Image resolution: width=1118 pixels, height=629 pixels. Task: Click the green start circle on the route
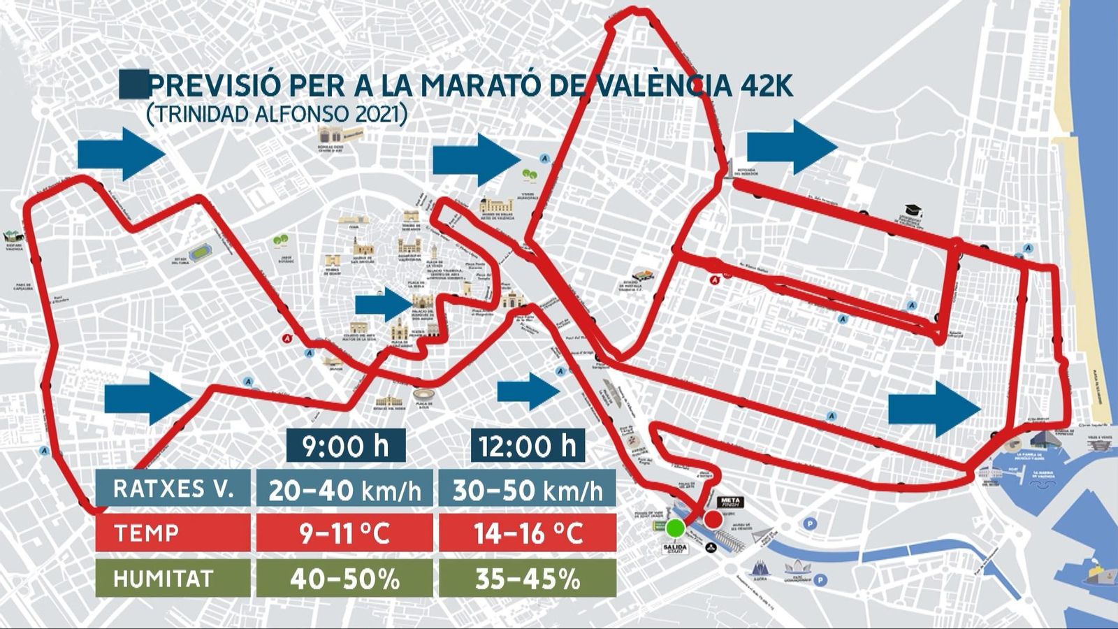pos(675,527)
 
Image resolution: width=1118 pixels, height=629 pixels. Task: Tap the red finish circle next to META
pos(713,519)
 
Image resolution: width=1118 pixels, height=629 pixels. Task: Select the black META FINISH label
pos(731,502)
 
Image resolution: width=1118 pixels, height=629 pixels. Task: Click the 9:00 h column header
pos(345,445)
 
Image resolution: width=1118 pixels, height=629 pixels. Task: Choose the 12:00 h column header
pos(528,445)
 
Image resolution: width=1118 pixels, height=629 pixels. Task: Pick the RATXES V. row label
pos(173,489)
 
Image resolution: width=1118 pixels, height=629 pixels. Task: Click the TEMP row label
pos(173,533)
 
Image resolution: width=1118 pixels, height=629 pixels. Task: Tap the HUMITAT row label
pos(173,579)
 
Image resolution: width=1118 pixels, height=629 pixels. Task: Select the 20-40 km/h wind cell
pos(344,489)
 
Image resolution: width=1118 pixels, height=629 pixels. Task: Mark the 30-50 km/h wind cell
pos(527,489)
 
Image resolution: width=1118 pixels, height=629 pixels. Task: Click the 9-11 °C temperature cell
pos(344,533)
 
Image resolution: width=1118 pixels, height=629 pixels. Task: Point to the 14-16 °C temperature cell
pos(527,533)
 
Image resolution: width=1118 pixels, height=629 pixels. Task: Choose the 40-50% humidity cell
pos(344,579)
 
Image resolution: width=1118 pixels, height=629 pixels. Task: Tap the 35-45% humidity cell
pos(527,579)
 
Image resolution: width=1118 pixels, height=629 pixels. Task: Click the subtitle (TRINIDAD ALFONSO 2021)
pos(277,114)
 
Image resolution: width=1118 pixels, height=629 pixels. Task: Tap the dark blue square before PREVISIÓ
pos(133,84)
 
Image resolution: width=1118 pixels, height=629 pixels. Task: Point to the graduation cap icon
pos(913,210)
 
